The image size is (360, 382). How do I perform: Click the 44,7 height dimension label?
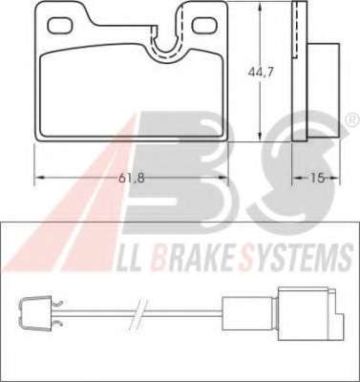click(x=261, y=73)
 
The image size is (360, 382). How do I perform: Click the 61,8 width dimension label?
click(x=132, y=178)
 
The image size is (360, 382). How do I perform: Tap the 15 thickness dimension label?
click(x=317, y=178)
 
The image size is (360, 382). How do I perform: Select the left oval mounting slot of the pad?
click(x=59, y=25)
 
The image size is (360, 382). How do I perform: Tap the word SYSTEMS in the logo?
click(x=298, y=257)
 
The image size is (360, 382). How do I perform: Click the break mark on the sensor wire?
click(x=140, y=314)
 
